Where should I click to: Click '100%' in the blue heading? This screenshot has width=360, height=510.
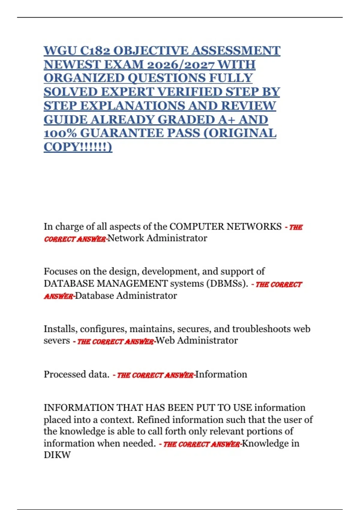point(60,133)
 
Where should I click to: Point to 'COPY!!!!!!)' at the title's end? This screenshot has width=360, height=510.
point(78,147)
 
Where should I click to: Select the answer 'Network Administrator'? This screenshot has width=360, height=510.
point(157,238)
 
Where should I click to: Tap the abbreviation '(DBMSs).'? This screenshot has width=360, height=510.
point(227,283)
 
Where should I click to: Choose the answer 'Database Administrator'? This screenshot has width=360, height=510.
point(126,296)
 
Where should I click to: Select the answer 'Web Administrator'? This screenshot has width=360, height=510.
point(196,341)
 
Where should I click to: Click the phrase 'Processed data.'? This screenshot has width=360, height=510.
point(76,374)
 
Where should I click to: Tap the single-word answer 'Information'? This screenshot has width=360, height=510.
point(221,374)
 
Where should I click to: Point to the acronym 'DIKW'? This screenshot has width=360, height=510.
point(57,455)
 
